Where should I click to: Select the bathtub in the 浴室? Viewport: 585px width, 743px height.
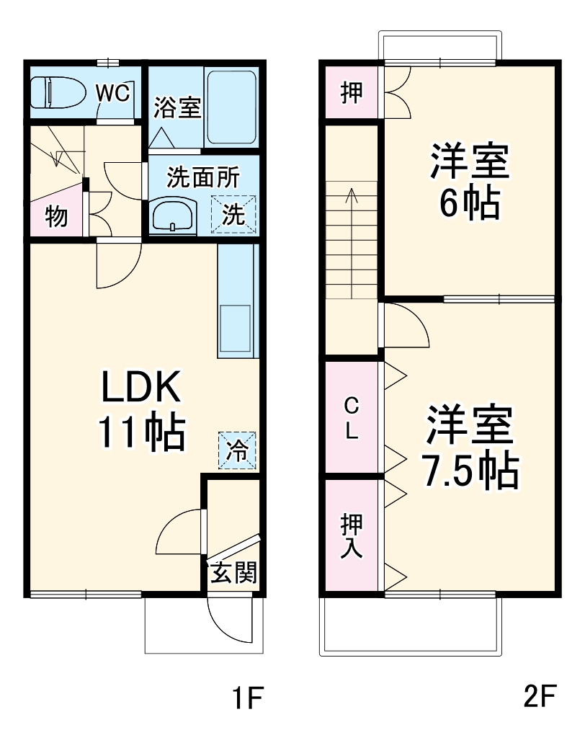pyautogui.click(x=231, y=108)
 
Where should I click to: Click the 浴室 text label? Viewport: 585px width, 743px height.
pyautogui.click(x=177, y=107)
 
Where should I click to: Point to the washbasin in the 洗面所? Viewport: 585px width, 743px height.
pyautogui.click(x=173, y=215)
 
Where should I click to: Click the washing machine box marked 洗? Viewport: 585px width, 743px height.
pyautogui.click(x=233, y=215)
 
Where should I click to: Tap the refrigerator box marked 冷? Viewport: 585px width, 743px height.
pyautogui.click(x=237, y=450)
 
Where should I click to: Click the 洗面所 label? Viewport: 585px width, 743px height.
pyautogui.click(x=202, y=177)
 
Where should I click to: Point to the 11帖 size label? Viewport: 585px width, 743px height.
pyautogui.click(x=141, y=432)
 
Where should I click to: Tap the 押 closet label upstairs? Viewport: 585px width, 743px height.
pyautogui.click(x=351, y=93)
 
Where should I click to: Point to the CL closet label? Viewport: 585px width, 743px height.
pyautogui.click(x=351, y=417)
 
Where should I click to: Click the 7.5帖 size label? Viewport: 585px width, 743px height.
pyautogui.click(x=470, y=471)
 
